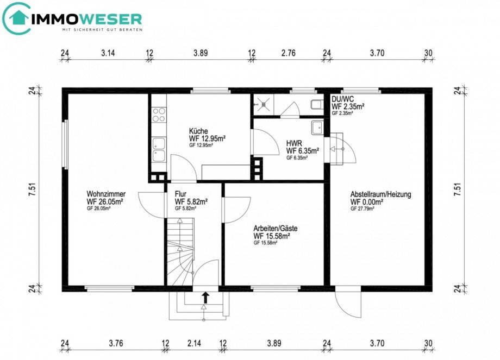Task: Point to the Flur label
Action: coord(181,193)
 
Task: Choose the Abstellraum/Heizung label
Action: coord(380,194)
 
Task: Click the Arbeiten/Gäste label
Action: coord(276,229)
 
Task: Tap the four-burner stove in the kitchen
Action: coord(159,114)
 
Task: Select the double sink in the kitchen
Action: coord(159,150)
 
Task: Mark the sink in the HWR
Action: coord(316,128)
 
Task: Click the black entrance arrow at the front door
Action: coord(205,297)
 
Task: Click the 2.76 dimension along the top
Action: coord(288,53)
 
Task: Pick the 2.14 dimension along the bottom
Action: coord(193,343)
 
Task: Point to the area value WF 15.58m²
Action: coord(271,236)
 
